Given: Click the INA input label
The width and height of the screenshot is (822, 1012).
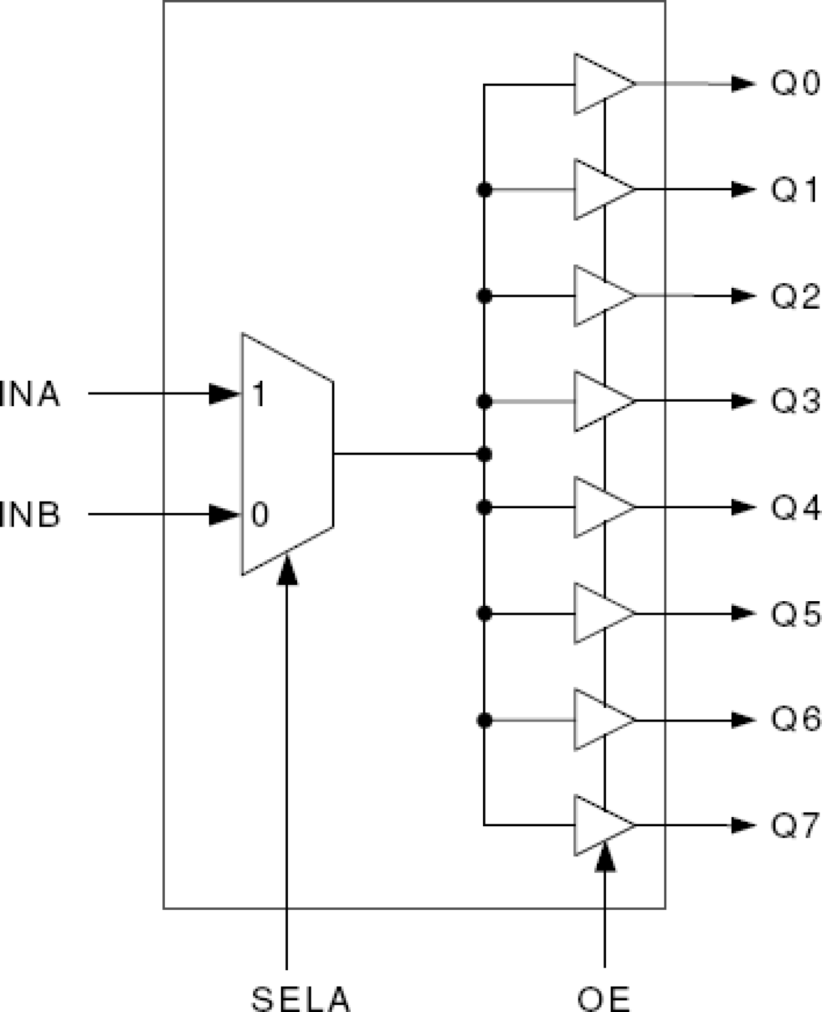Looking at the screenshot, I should click(30, 394).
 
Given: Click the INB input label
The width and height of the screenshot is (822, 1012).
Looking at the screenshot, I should click(30, 514).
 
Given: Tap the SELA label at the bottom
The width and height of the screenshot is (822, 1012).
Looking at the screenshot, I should click(300, 999).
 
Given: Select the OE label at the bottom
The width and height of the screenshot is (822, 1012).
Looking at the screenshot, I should click(603, 999).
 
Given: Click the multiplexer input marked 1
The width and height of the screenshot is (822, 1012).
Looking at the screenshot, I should click(259, 394).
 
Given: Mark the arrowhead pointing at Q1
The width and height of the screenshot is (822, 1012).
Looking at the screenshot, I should click(743, 190).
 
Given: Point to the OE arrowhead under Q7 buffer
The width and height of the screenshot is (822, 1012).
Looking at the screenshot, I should click(605, 857).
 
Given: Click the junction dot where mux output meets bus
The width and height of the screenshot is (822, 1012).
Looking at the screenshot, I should click(484, 454).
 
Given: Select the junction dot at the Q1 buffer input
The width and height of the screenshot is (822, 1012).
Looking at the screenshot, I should click(484, 190).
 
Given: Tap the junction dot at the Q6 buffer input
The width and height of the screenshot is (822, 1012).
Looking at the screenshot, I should click(484, 720).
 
